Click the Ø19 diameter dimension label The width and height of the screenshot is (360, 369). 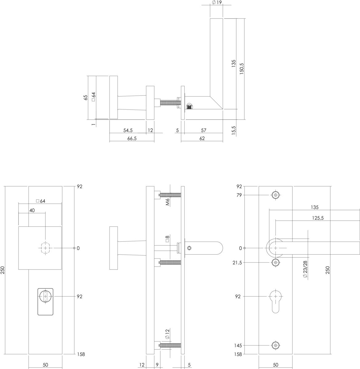(x=217, y=2)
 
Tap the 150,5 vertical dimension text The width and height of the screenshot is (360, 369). (x=242, y=69)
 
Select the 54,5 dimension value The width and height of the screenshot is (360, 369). (x=128, y=130)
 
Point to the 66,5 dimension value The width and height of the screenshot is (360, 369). (x=132, y=138)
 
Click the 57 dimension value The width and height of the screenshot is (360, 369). (x=203, y=130)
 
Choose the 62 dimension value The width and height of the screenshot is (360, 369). (x=202, y=138)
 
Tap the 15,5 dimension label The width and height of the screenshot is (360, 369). (x=234, y=130)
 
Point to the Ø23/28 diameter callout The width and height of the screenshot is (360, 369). (x=305, y=269)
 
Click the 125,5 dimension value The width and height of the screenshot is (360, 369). (x=318, y=218)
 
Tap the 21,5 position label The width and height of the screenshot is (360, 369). (x=237, y=263)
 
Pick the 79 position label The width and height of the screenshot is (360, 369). (x=239, y=195)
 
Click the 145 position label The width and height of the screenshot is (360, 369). (x=238, y=346)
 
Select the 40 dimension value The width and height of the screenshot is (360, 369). (x=32, y=210)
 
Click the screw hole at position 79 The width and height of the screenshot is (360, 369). (x=276, y=195)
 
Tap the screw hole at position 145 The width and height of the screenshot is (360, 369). (x=276, y=346)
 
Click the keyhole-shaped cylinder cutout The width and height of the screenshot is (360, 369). (x=276, y=301)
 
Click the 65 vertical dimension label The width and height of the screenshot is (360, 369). (x=86, y=97)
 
